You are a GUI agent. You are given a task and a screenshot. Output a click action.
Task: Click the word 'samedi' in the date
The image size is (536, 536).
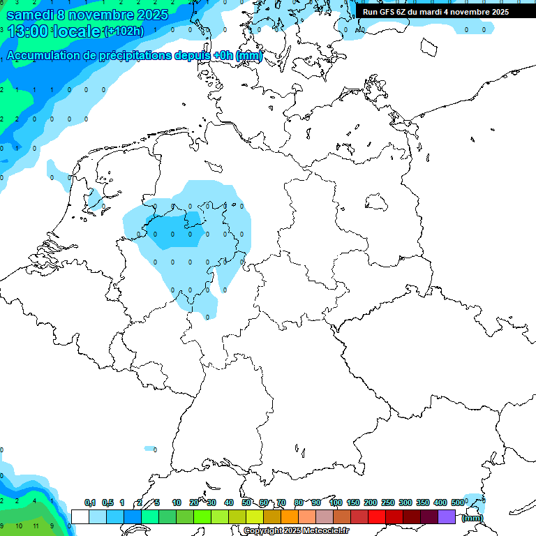[29, 15]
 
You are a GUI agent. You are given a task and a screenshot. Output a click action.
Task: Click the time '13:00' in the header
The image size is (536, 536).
[28, 31]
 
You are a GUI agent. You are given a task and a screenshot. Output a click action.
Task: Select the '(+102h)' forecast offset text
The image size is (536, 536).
[124, 31]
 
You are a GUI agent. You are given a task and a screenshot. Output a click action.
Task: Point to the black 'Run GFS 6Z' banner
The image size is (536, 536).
[435, 12]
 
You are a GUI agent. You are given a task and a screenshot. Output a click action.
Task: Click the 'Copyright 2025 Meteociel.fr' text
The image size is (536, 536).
[297, 531]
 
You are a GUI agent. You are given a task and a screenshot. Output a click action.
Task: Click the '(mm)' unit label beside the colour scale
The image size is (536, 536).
[472, 518]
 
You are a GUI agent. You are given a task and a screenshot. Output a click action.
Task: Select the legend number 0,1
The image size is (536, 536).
[90, 502]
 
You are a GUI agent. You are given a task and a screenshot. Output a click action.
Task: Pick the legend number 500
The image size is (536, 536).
[458, 502]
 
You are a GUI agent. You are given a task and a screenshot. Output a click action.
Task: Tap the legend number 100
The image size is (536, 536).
[335, 502]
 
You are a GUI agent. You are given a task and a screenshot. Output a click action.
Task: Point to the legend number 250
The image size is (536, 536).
[388, 502]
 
